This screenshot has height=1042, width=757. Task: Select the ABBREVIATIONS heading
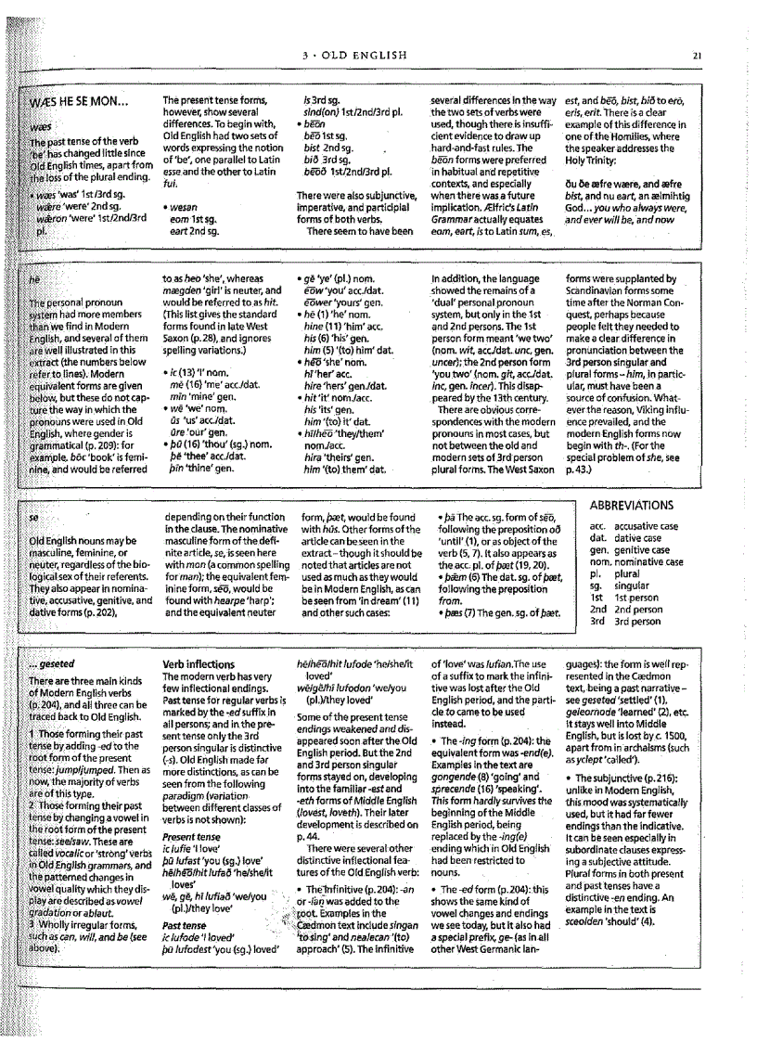pyautogui.click(x=630, y=506)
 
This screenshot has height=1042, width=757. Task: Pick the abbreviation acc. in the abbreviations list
pyautogui.click(x=597, y=526)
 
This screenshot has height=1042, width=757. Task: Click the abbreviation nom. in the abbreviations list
pyautogui.click(x=600, y=561)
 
